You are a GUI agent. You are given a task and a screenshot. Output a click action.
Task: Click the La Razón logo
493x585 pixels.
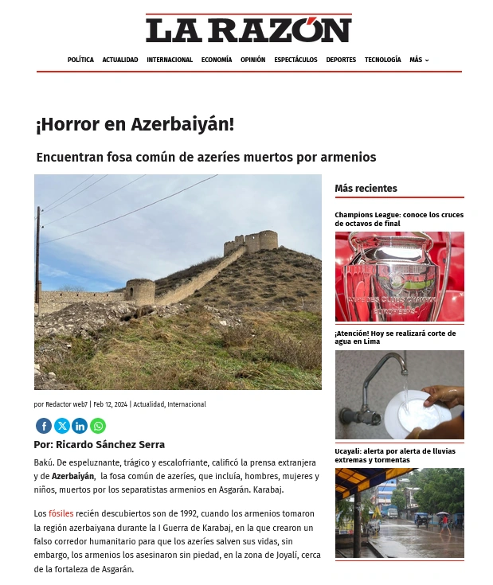click(x=248, y=30)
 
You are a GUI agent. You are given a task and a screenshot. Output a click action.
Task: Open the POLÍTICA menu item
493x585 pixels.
click(x=80, y=60)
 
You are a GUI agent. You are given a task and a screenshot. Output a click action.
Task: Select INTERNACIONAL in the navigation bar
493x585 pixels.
click(x=170, y=60)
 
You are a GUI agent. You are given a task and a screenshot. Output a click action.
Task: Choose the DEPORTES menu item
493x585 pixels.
click(x=341, y=60)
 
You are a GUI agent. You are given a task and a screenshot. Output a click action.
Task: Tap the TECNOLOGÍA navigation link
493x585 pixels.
click(x=383, y=60)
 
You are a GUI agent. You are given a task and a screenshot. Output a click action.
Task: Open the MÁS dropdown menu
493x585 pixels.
click(x=419, y=60)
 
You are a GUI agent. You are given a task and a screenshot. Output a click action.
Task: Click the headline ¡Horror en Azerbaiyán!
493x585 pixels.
click(x=135, y=125)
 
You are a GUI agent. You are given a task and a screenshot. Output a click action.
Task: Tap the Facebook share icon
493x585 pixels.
click(x=44, y=426)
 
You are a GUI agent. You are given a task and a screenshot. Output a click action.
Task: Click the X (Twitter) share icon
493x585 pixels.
click(x=62, y=426)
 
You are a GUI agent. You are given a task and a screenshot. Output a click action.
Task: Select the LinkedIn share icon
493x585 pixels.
click(x=80, y=426)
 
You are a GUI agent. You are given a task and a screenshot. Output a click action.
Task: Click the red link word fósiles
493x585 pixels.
click(x=61, y=513)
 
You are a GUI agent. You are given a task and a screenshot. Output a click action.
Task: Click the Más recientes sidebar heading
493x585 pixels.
click(x=366, y=189)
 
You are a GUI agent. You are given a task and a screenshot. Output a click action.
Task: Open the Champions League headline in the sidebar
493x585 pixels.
click(x=399, y=219)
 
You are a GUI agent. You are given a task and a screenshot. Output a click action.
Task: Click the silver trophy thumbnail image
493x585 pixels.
click(x=399, y=277)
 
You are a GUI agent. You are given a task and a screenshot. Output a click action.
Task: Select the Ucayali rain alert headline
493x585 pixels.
click(x=395, y=455)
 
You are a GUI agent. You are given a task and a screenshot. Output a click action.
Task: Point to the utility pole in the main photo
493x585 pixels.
click(x=37, y=263)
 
